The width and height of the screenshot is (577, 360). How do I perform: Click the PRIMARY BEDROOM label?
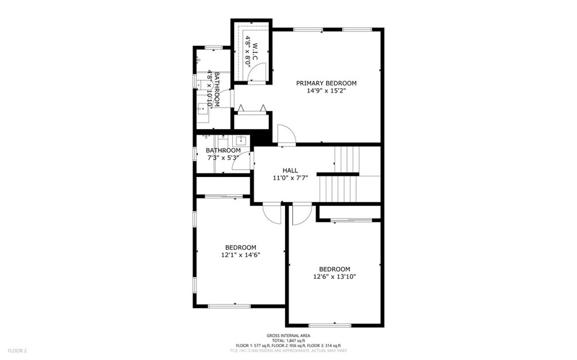point(326,83)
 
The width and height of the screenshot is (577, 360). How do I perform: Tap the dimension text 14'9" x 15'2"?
point(326,90)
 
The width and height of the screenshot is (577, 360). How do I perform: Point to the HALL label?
point(290,170)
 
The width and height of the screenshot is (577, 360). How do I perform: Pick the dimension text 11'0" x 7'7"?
point(290,178)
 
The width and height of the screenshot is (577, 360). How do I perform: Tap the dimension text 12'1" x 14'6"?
point(241,255)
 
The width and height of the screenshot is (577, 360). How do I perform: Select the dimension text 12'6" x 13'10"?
point(335,277)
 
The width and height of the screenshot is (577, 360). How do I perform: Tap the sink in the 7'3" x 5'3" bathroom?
point(241,140)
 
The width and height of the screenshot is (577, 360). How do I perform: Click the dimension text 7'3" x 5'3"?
point(223,158)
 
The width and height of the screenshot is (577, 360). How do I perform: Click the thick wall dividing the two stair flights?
point(338,174)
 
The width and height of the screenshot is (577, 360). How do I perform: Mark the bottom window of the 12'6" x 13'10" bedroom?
point(330,325)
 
